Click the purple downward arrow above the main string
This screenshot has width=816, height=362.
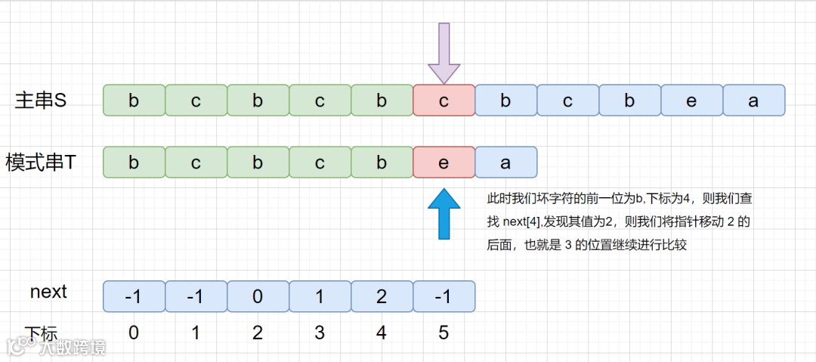(444, 52)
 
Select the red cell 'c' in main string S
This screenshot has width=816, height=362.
(444, 101)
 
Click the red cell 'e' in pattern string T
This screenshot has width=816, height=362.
(444, 162)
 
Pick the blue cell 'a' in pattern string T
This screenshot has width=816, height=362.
(506, 162)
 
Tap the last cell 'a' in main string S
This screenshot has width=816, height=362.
(754, 101)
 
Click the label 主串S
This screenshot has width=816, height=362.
(42, 101)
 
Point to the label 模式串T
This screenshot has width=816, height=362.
(42, 162)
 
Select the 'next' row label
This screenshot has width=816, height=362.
(48, 292)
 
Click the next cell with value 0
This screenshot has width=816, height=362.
(258, 296)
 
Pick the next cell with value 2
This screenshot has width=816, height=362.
(382, 296)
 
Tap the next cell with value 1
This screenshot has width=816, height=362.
(320, 296)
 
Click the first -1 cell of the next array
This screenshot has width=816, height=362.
(134, 296)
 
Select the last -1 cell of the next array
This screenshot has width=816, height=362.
(444, 296)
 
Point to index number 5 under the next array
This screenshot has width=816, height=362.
(444, 333)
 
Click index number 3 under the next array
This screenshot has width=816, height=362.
(320, 333)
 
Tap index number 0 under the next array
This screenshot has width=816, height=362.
(134, 333)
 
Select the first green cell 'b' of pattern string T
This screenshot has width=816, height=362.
(134, 162)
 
